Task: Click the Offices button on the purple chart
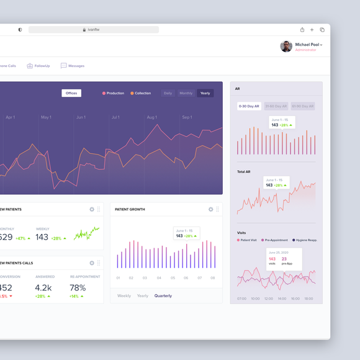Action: pos(71,93)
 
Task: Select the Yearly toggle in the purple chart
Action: pos(205,93)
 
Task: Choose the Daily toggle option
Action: pos(168,93)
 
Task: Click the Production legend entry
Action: pos(114,93)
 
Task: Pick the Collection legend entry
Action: pos(141,93)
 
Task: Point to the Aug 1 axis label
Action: pos(151,117)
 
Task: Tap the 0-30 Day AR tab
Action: pos(250,106)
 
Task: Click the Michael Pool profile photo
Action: pos(286,47)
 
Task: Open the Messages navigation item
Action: pos(73,66)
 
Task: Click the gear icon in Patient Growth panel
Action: pos(211,210)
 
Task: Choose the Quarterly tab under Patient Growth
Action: pos(163,296)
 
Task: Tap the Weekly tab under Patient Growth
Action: pos(124,296)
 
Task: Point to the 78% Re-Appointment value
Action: pos(78,288)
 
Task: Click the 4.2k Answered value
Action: pos(43,288)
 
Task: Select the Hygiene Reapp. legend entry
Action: pos(304,240)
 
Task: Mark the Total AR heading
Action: pos(244,171)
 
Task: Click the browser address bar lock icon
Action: pos(84,30)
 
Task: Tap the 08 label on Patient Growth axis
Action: pos(213,278)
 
